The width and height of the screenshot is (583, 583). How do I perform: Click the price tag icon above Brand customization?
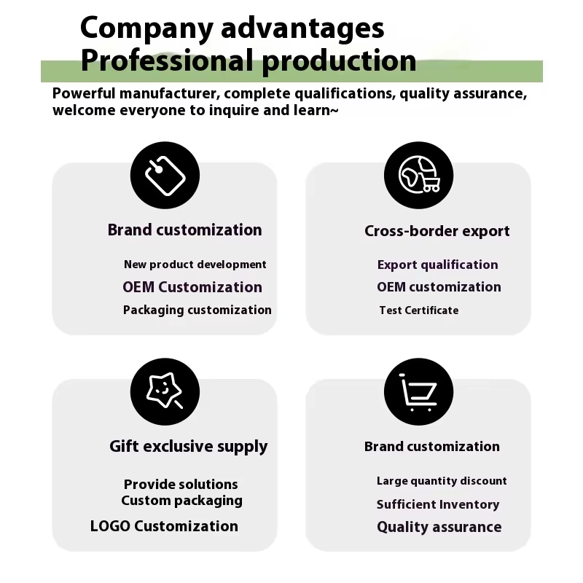coord(165,176)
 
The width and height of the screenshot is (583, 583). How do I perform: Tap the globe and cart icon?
coord(418,176)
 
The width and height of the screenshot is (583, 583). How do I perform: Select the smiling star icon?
coord(165,391)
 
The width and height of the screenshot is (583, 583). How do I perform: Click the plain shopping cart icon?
coord(418,391)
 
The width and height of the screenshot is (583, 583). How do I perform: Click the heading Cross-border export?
coord(437,231)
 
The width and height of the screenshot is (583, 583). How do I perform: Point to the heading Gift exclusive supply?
coord(188,446)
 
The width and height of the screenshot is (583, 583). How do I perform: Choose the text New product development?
coord(195,265)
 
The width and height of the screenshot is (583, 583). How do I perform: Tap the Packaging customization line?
coord(197,310)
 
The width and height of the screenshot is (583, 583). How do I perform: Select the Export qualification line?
coord(437,265)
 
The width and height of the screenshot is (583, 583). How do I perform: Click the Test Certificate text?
coord(418,310)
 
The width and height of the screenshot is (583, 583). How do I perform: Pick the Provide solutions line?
coord(181,484)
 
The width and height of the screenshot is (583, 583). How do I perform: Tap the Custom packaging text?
coord(181,501)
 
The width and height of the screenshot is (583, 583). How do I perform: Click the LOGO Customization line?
coord(164,525)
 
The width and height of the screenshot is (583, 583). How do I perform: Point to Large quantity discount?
coord(441,481)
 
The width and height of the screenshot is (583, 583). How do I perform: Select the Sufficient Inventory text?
coord(437,504)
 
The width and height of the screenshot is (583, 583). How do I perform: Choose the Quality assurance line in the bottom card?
coord(439,527)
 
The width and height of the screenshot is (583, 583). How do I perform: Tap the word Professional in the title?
coord(167,60)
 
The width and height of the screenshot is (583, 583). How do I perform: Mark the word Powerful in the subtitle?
coord(82,94)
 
